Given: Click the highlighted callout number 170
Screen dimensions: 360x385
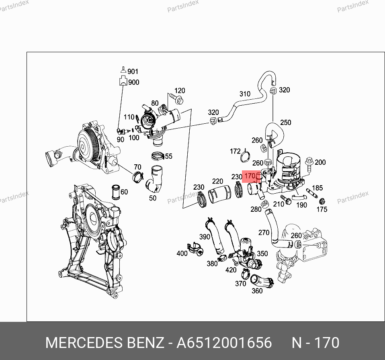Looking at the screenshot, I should click(x=250, y=176).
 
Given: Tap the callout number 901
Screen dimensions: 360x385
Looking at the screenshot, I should click(x=133, y=72).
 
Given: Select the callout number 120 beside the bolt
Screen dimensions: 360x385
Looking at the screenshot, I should click(x=180, y=90).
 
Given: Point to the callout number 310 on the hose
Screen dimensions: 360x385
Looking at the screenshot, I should click(x=245, y=94).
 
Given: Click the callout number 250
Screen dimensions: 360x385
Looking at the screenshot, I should click(x=286, y=123).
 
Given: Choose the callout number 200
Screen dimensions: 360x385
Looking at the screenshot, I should click(x=320, y=162).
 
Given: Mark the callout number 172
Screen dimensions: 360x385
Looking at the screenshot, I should click(x=235, y=151).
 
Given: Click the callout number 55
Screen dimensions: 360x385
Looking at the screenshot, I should click(x=168, y=156).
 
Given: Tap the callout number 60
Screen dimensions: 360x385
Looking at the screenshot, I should click(x=124, y=192).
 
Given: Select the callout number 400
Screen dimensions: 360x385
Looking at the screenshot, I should click(x=182, y=253).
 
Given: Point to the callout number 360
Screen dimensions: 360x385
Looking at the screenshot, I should click(x=257, y=291).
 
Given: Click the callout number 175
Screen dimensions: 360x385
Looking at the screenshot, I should click(x=322, y=209).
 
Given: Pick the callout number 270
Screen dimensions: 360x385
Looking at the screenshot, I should click(x=264, y=232).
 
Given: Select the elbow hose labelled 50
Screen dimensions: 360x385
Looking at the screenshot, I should click(x=154, y=180).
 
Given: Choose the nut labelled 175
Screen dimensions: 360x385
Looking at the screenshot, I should click(x=322, y=200).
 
